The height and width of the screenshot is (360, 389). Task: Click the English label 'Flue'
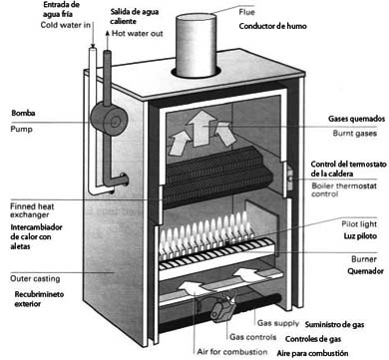pos(246,12)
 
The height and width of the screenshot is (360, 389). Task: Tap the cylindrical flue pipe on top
pos(196,46)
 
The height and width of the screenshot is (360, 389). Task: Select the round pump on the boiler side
pos(109,119)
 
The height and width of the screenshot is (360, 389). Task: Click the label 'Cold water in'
pos(66,25)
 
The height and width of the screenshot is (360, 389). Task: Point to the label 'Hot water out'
pos(138,33)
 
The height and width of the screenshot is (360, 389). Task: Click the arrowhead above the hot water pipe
pos(108,33)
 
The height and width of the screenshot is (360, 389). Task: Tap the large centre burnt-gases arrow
pos(201,129)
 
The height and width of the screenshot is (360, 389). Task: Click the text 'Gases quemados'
pos(356,119)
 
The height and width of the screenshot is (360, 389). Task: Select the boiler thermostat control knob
pos(290,179)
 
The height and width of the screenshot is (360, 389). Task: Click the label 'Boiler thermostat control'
pos(344,189)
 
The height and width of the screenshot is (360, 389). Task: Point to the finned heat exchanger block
pos(217,178)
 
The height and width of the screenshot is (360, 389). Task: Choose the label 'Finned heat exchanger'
pos(32,210)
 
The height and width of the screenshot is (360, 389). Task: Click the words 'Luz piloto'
pos(360,236)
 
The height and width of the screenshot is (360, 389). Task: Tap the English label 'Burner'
pos(364,259)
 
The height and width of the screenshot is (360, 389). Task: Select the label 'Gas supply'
pos(278,323)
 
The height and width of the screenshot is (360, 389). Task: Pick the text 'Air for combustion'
pos(232,352)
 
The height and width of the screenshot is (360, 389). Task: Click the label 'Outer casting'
pos(35,278)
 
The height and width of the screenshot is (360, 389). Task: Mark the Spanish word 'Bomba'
pos(23,113)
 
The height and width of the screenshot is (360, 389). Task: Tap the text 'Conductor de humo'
pos(272,26)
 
